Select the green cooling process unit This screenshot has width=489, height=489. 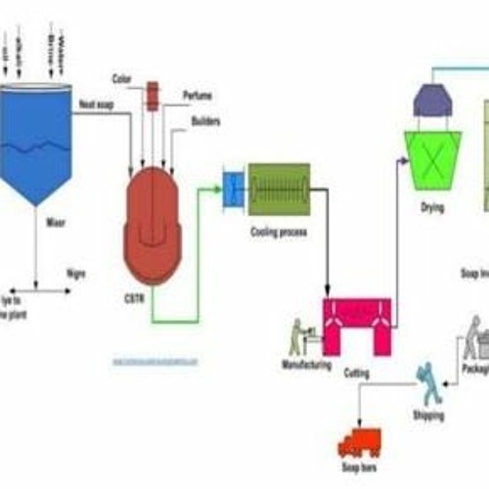[279, 189]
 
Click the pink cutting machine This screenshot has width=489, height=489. [357, 324]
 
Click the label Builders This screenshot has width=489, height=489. [206, 120]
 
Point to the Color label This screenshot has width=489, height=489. [122, 78]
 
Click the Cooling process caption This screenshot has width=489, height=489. [280, 234]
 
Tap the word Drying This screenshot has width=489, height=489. [431, 207]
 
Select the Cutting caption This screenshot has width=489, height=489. [357, 372]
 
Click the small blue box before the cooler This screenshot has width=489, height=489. [234, 189]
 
